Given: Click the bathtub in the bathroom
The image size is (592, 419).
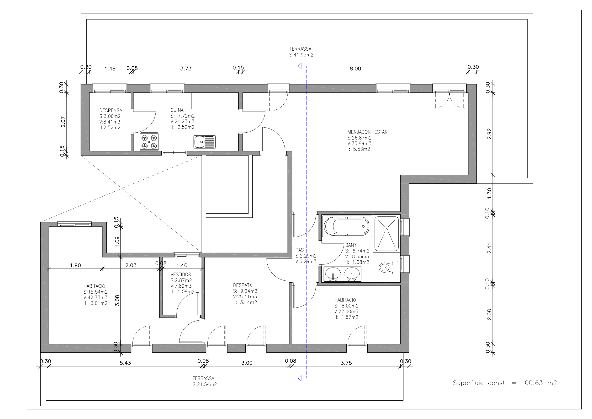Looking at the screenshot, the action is click(x=347, y=226).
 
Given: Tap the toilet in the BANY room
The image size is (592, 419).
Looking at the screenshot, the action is click(x=388, y=267).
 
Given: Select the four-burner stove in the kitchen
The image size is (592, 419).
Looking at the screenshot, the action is click(x=149, y=142).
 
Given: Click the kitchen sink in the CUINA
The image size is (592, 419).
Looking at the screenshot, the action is click(x=205, y=142).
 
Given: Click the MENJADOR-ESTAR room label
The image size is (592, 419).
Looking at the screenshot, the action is click(x=367, y=132).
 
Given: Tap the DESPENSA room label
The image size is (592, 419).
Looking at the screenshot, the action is click(x=111, y=110).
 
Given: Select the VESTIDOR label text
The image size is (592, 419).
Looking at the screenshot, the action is click(x=181, y=274).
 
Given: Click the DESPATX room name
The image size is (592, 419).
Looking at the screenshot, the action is click(x=242, y=285).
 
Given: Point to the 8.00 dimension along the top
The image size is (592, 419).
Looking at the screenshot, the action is click(x=355, y=69).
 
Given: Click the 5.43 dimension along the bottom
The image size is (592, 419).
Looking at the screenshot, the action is click(x=125, y=363).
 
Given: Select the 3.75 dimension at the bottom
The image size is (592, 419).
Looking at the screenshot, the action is click(x=346, y=363).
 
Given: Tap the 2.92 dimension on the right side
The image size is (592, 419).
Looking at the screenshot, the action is click(x=489, y=134).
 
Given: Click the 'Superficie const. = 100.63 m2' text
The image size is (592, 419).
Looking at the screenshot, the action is click(x=505, y=383).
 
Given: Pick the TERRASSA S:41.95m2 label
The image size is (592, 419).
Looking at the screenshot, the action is click(x=301, y=52).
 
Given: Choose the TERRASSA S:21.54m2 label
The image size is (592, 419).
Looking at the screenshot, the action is click(x=205, y=381).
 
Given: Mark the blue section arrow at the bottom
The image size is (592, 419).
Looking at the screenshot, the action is click(x=302, y=378).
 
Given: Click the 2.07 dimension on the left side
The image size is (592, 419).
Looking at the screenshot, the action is click(x=63, y=122).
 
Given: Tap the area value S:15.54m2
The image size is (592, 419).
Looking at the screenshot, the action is click(x=95, y=292).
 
